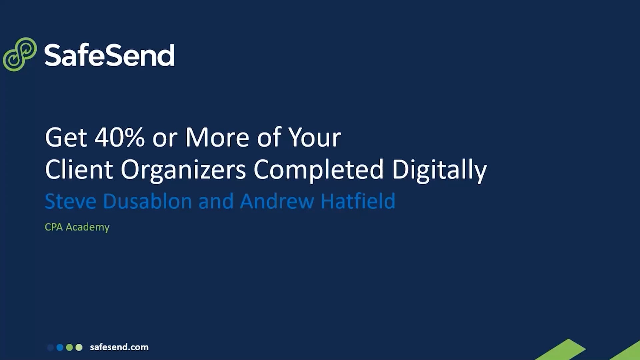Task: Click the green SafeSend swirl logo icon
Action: (19, 54)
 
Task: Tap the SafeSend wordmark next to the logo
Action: (109, 55)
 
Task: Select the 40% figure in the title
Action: (119, 137)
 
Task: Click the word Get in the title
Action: (66, 137)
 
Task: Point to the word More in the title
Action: (217, 137)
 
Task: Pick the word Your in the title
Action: (314, 137)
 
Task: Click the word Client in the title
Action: (79, 169)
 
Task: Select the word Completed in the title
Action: (318, 169)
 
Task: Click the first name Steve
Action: (71, 201)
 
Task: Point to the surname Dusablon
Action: (147, 201)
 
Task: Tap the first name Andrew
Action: (277, 201)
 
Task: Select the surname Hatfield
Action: (358, 201)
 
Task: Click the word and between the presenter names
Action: (216, 201)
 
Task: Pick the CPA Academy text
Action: (77, 227)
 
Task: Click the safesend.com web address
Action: (119, 347)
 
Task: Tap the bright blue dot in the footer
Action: (60, 347)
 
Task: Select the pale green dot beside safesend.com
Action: (79, 347)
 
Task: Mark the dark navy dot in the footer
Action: (51, 347)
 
